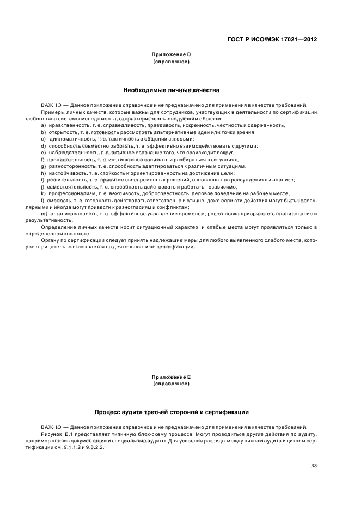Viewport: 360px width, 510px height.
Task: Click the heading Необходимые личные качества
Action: tap(171, 89)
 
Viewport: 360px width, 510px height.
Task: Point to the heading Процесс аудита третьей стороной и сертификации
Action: tap(172, 412)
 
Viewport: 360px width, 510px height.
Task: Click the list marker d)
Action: tap(42, 146)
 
